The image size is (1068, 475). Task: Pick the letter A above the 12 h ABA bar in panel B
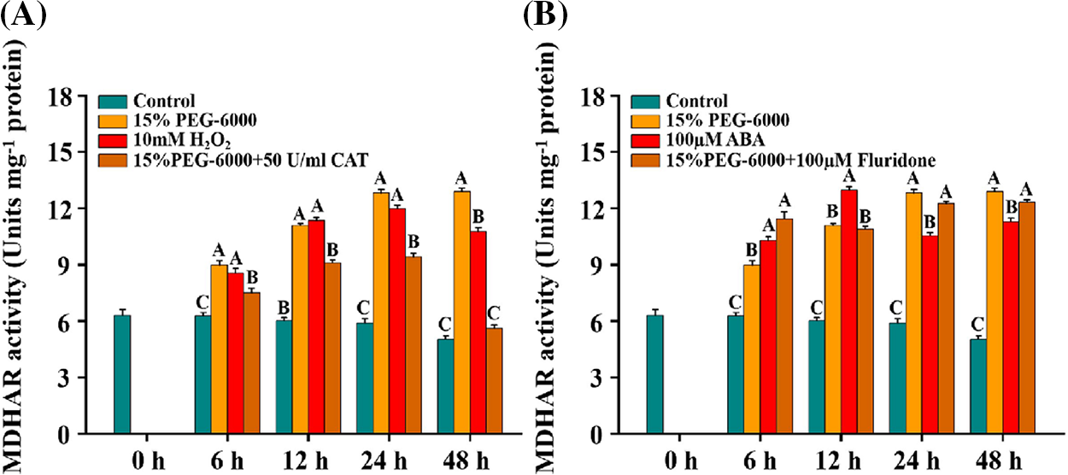pyautogui.click(x=848, y=177)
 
